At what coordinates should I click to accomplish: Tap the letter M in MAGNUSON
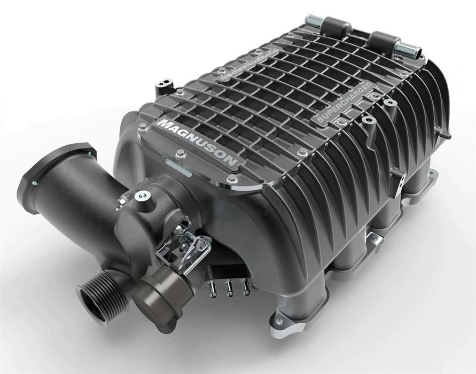162,124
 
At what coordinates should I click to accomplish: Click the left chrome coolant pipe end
313,22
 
